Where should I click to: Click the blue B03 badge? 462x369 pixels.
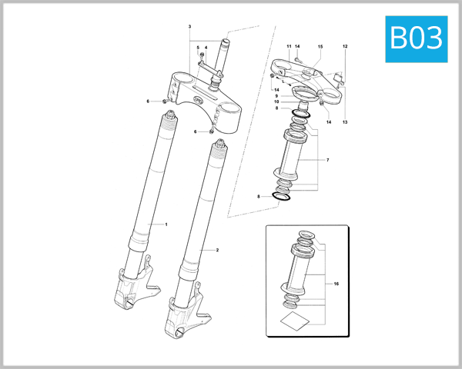pos(416,36)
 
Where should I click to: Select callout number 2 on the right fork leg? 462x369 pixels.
pos(217,251)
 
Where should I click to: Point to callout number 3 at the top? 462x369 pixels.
pos(189,28)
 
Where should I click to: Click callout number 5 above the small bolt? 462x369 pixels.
pos(198,48)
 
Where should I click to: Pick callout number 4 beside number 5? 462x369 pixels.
pos(206,48)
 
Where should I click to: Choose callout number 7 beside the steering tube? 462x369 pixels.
pos(327,160)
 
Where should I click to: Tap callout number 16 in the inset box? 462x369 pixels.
pos(336,284)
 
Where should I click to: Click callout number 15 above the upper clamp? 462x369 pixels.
pos(320,47)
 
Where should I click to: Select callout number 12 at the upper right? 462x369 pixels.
pos(345,47)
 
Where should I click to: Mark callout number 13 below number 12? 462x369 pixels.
pos(345,122)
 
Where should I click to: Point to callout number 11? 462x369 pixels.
pos(290,47)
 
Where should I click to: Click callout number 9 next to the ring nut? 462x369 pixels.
pos(276,95)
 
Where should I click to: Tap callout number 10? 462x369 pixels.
pos(276,101)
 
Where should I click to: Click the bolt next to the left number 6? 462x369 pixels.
pos(165,101)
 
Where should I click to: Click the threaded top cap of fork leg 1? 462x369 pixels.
pos(168,116)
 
